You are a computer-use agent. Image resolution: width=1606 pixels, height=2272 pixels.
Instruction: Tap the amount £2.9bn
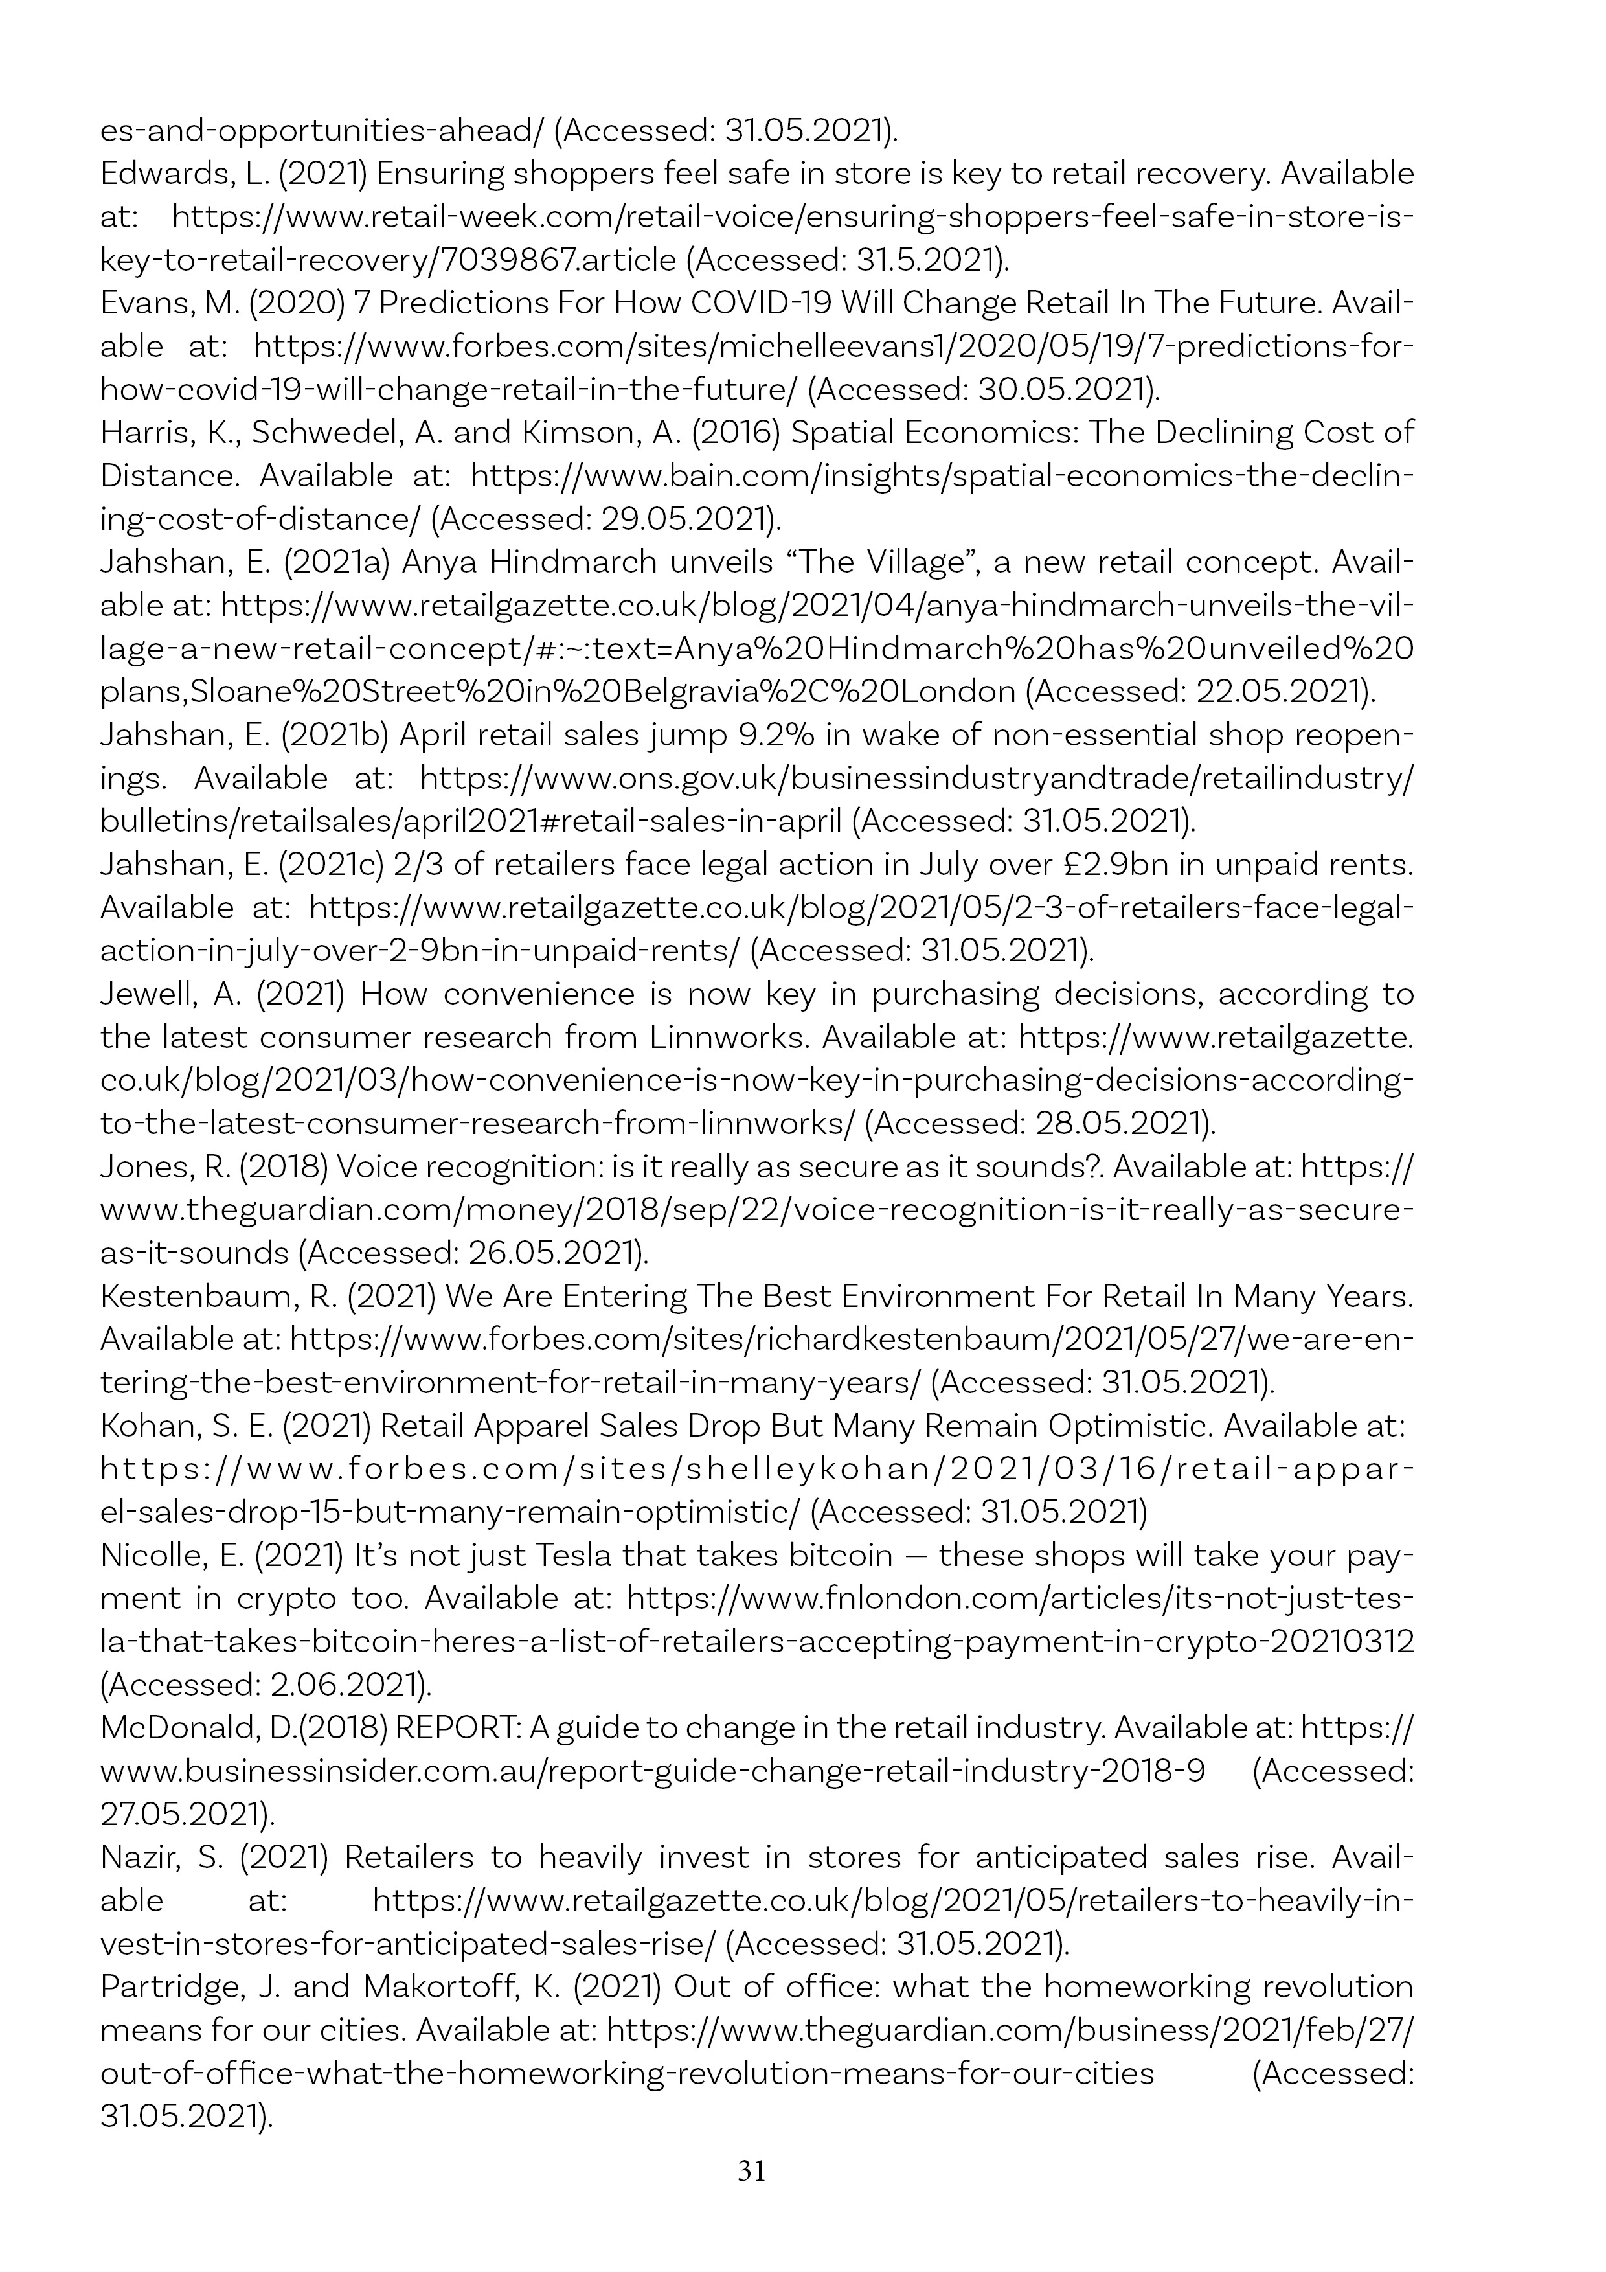pos(1102,865)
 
